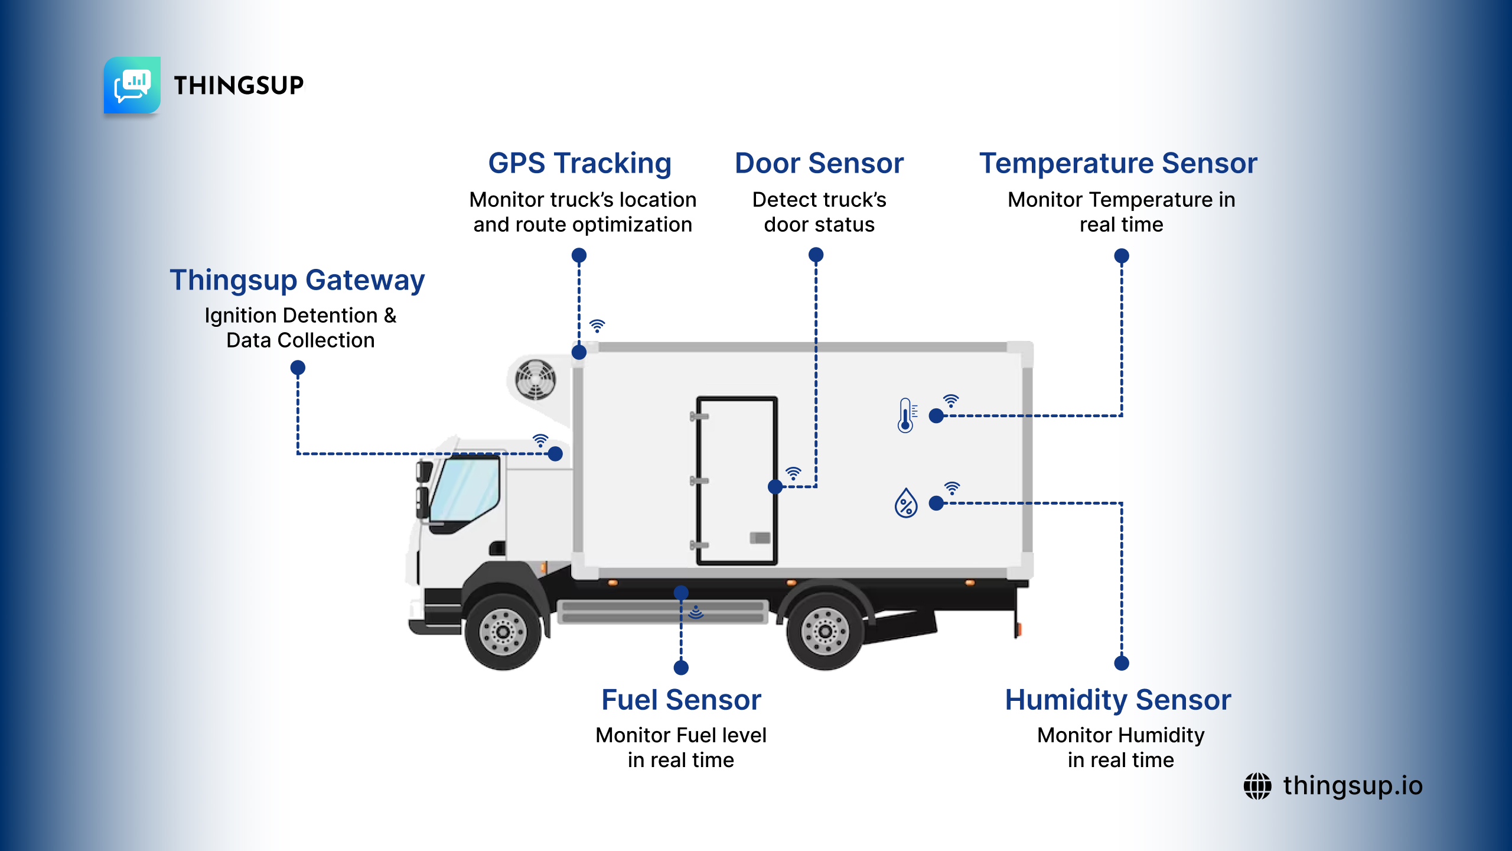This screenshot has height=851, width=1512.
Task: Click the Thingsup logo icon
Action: pyautogui.click(x=132, y=85)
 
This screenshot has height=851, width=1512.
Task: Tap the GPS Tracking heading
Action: pyautogui.click(x=579, y=163)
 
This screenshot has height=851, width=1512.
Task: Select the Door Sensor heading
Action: pyautogui.click(x=819, y=163)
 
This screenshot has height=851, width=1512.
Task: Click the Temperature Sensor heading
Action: pyautogui.click(x=1118, y=163)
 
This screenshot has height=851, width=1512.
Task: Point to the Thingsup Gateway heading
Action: pyautogui.click(x=297, y=280)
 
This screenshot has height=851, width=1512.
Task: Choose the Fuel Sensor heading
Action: pyautogui.click(x=681, y=700)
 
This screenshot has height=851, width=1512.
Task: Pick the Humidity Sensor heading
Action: pyautogui.click(x=1118, y=700)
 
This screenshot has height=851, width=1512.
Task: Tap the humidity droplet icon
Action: pyautogui.click(x=906, y=503)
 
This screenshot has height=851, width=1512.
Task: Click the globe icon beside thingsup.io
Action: pyautogui.click(x=1257, y=786)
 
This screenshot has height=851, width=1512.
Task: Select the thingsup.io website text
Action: pyautogui.click(x=1353, y=786)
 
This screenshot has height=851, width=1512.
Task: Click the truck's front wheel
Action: pyautogui.click(x=503, y=632)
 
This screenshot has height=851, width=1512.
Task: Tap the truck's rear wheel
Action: pyautogui.click(x=825, y=632)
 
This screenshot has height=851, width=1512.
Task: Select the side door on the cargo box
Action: pyautogui.click(x=737, y=480)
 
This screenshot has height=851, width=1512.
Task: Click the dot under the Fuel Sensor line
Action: pyautogui.click(x=681, y=668)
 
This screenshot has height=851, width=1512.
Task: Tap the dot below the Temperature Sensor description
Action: pyautogui.click(x=1122, y=256)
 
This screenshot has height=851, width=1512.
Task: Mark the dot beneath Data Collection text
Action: pyautogui.click(x=298, y=368)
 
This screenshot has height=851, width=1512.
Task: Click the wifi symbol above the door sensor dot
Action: pyautogui.click(x=793, y=473)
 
